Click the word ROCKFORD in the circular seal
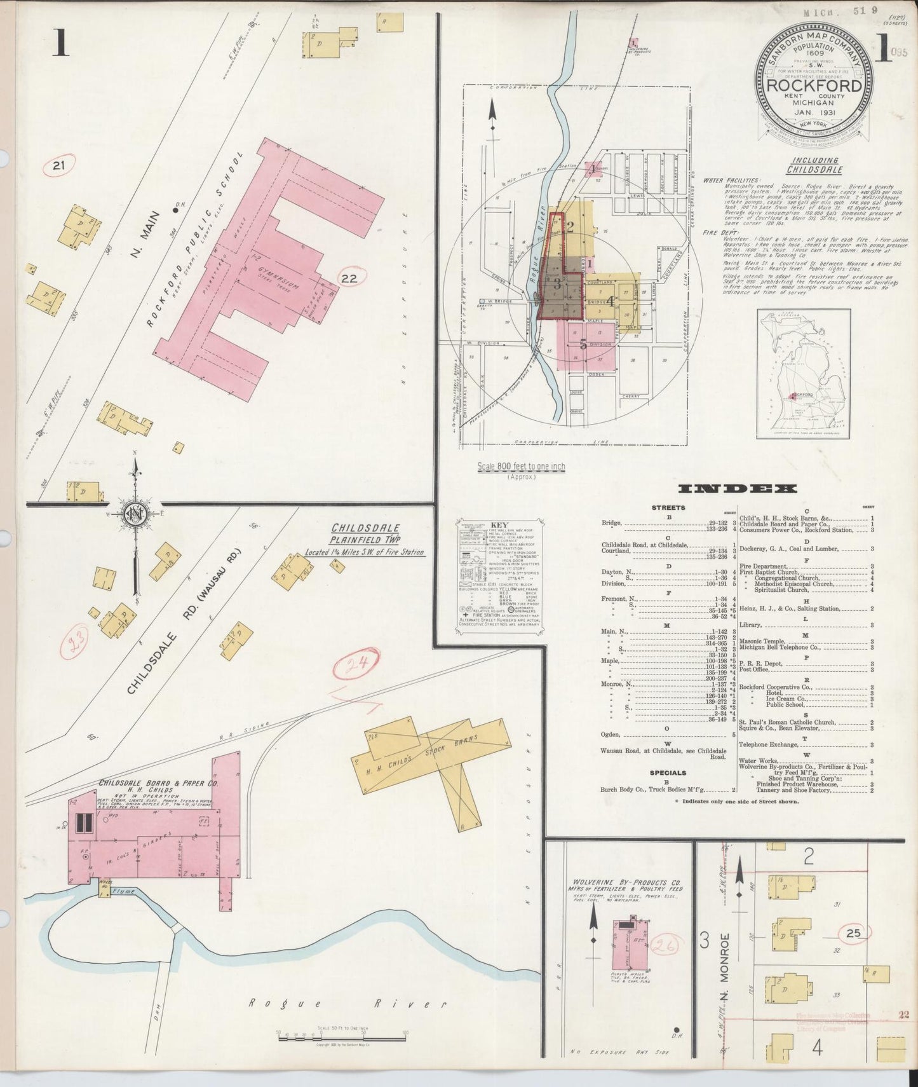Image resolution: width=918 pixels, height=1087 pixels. click(814, 86)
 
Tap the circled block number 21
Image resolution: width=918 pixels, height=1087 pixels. click(59, 167)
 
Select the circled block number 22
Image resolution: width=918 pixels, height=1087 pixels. click(349, 278)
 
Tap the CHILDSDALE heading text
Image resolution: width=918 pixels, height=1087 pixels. click(365, 528)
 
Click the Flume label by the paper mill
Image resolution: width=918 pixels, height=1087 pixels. click(125, 891)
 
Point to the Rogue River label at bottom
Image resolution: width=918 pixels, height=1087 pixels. click(346, 1004)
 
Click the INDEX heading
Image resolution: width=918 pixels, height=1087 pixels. click(737, 489)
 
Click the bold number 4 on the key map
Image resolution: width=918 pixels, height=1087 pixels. click(610, 301)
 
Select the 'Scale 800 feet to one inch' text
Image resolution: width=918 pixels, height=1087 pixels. click(521, 466)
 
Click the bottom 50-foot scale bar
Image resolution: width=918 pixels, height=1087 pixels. click(342, 1037)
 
